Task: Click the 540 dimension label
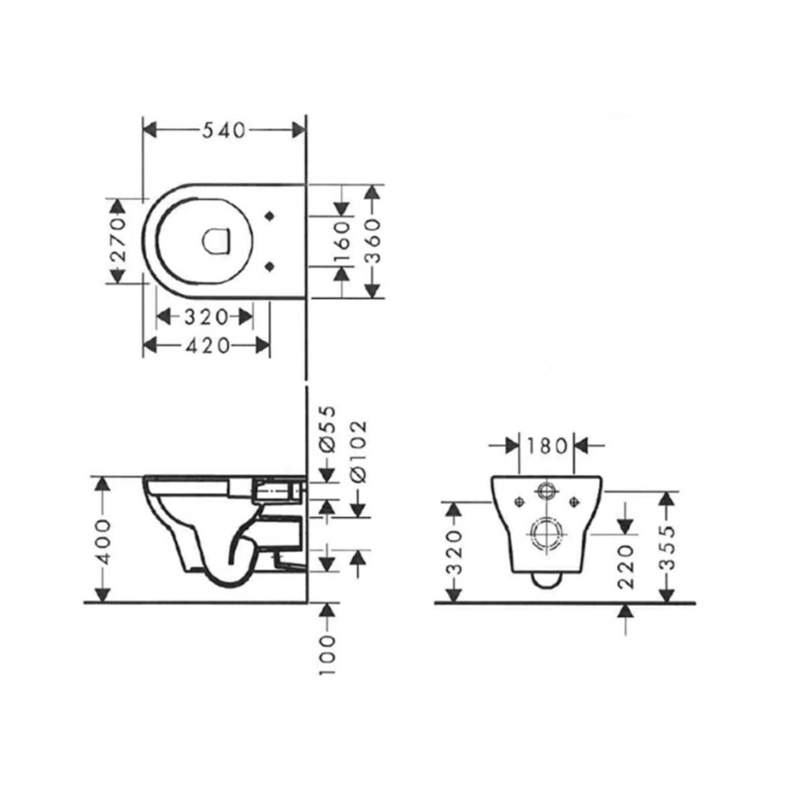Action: click(224, 130)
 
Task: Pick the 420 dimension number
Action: click(205, 345)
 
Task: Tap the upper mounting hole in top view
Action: click(269, 216)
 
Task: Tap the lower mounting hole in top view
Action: click(269, 264)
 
